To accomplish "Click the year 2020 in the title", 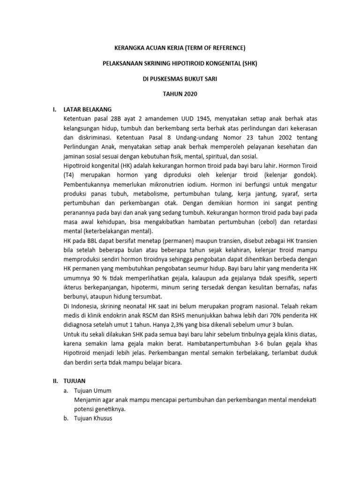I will pos(188,94).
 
